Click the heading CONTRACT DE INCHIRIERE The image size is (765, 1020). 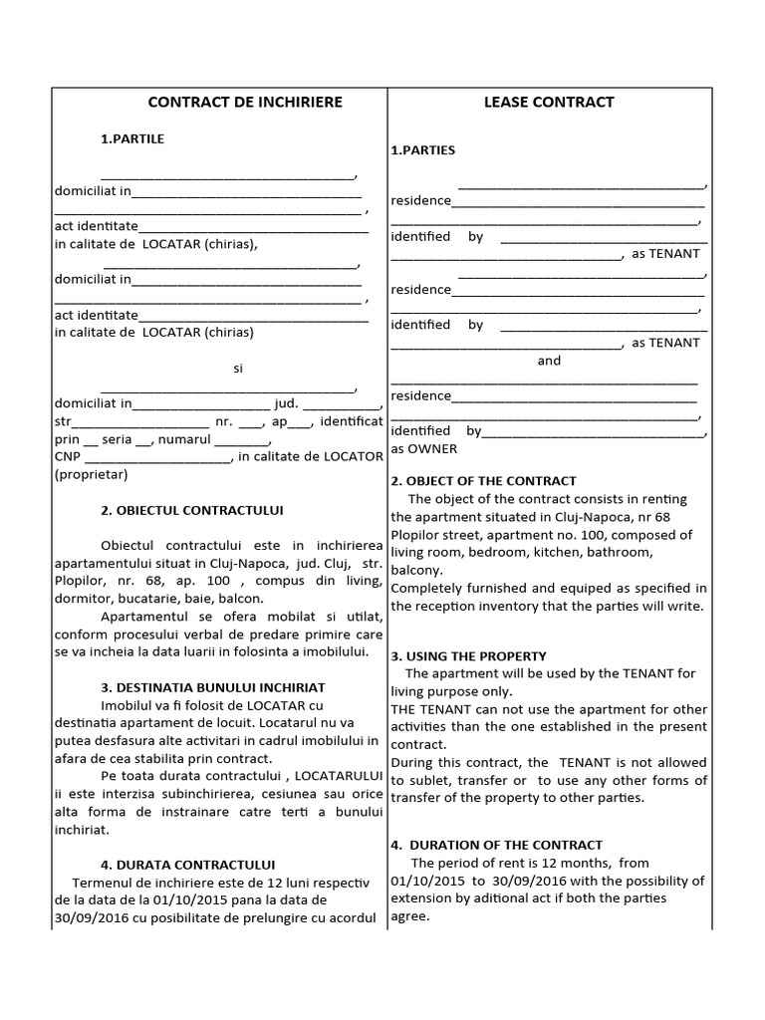245,102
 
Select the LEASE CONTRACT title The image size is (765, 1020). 549,102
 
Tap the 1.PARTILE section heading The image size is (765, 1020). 132,138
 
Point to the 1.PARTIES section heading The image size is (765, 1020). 422,150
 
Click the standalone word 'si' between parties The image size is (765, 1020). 238,368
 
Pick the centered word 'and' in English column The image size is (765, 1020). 549,361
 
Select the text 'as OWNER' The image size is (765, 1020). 424,448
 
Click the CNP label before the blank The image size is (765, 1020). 67,457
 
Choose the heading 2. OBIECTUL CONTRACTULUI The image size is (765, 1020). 192,510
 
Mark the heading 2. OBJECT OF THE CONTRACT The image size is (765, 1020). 483,480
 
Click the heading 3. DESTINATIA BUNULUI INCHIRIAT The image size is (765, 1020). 212,687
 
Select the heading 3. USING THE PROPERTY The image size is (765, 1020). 468,655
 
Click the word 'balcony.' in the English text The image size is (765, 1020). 416,570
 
